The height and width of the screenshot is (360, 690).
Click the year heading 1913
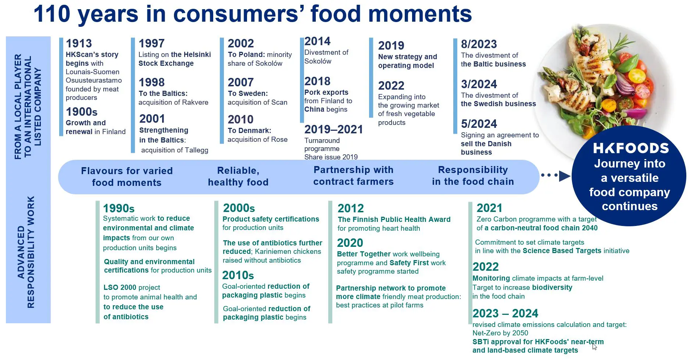tap(79, 43)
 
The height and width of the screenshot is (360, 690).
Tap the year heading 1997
tap(151, 43)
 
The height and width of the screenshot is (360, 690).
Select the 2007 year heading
tap(241, 82)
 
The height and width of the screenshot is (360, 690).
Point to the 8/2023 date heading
tap(479, 44)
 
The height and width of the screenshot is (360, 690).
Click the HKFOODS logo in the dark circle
tap(631, 148)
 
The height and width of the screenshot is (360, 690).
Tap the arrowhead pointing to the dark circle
tap(565, 176)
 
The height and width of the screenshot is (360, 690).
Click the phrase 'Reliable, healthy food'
tap(238, 176)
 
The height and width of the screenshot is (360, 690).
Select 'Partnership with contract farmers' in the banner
tap(353, 176)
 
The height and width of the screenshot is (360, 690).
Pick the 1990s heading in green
tap(119, 208)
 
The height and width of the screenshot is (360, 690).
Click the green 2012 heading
tap(351, 208)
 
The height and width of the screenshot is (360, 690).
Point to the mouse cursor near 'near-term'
tap(594, 346)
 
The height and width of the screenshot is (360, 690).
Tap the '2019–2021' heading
tap(333, 129)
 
